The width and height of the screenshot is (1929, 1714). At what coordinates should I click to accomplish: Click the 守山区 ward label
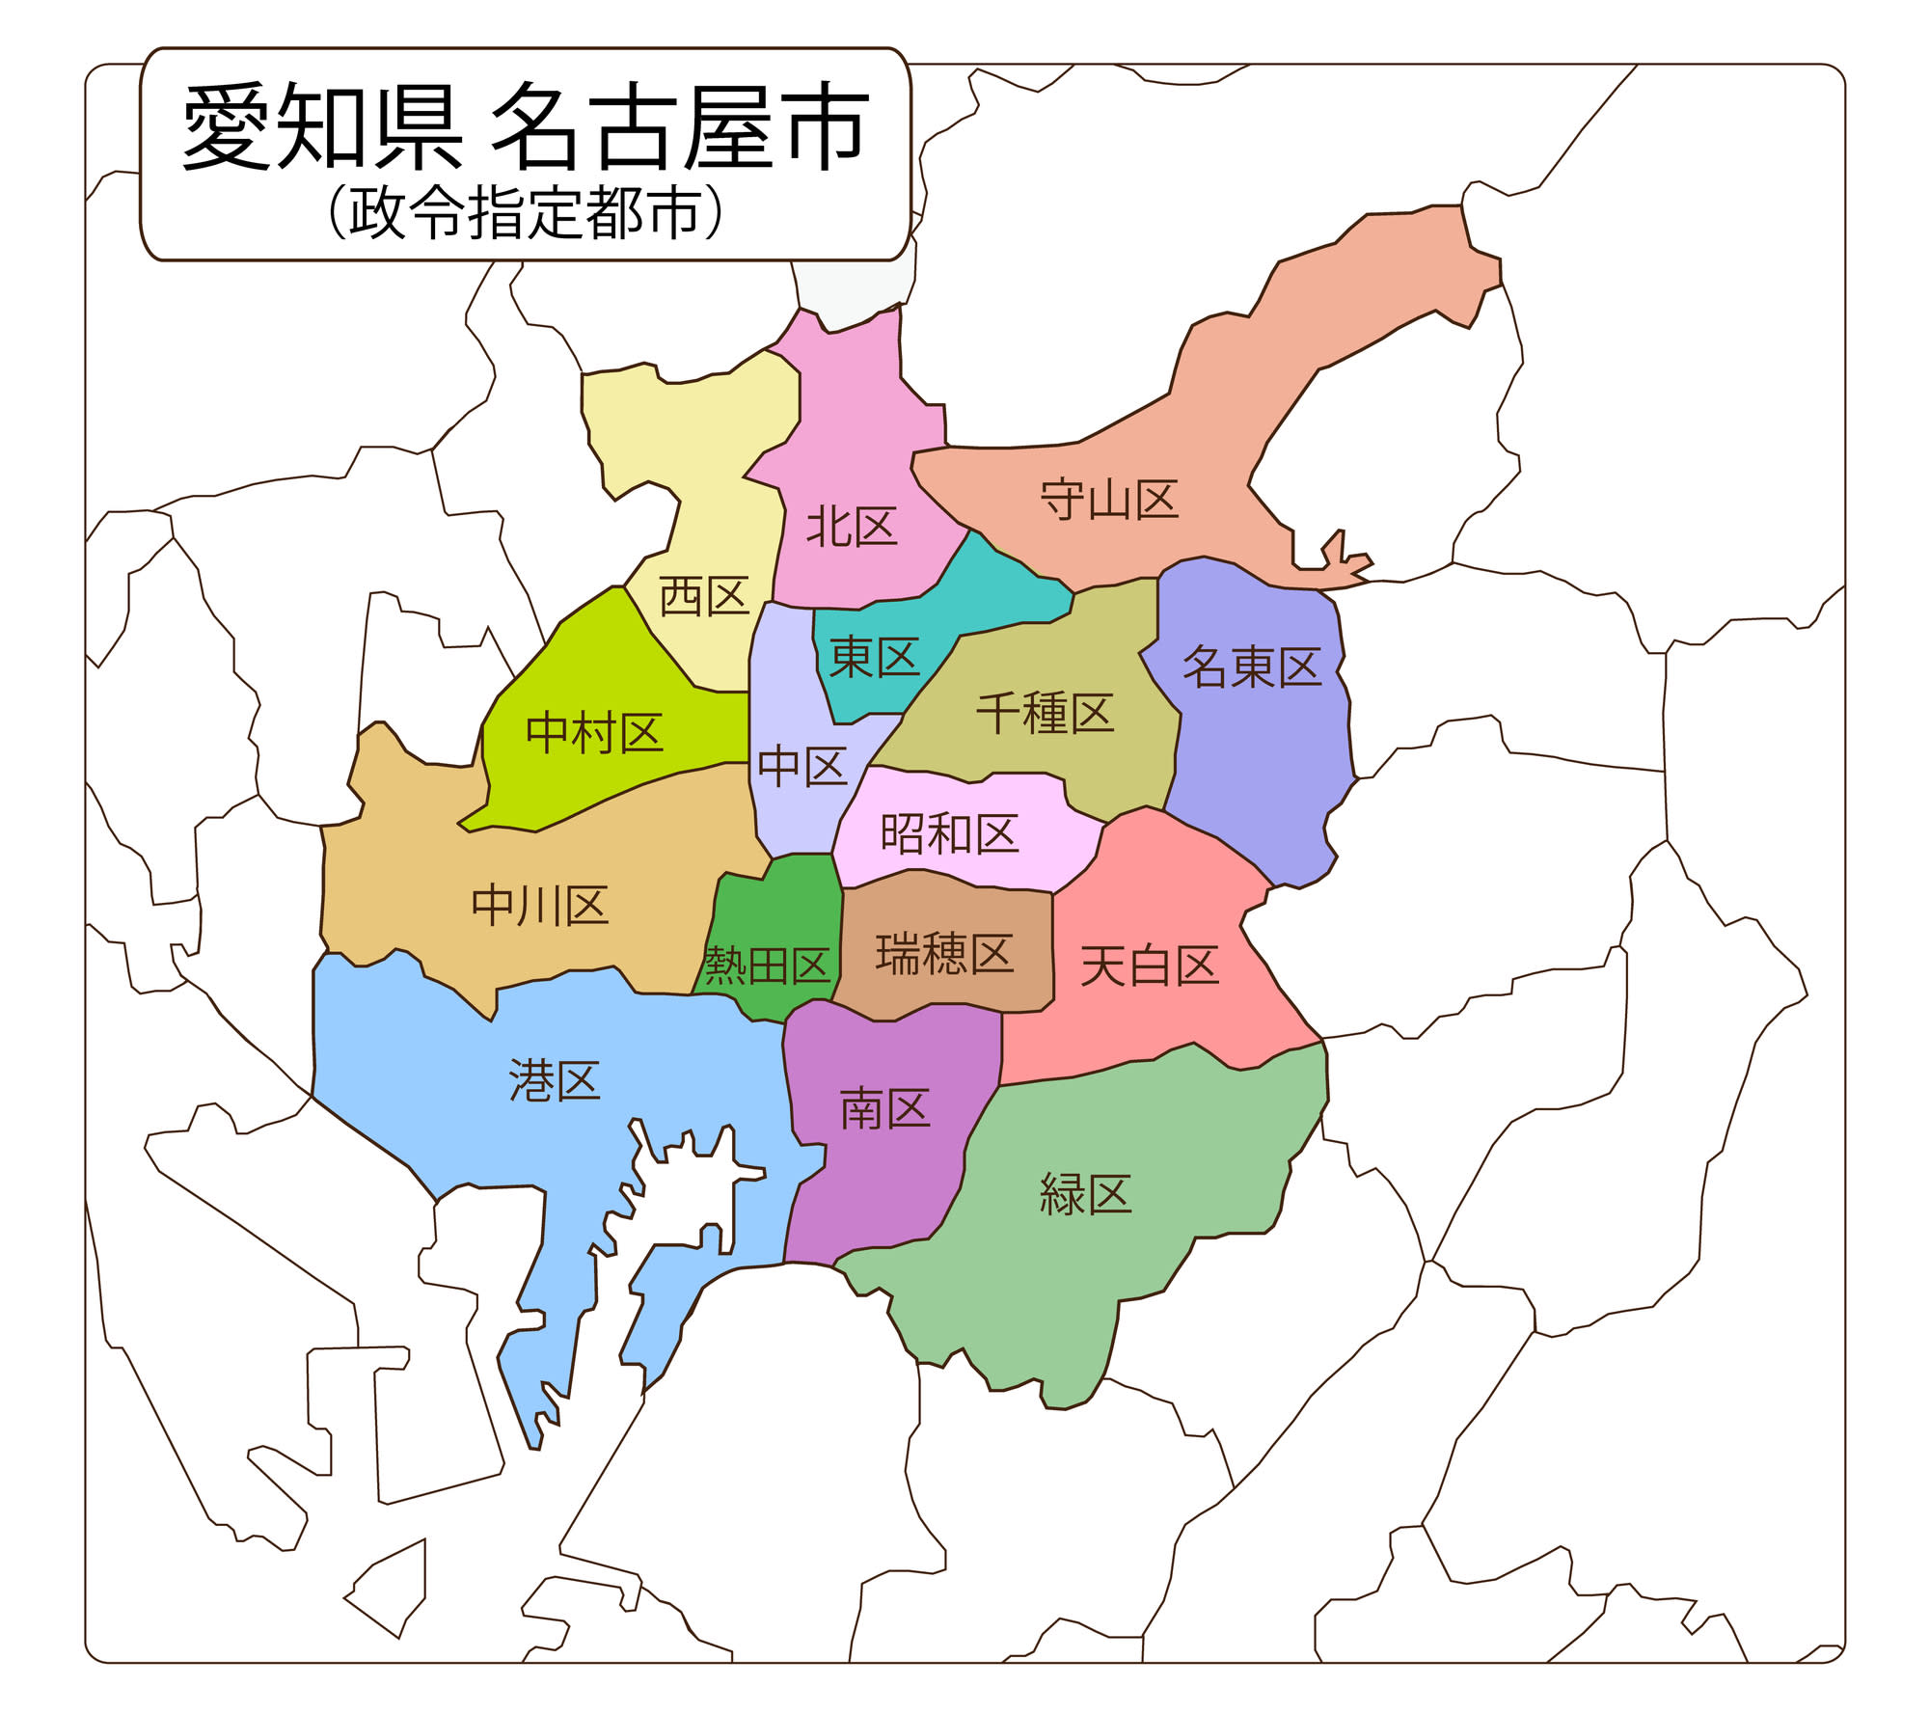point(1109,500)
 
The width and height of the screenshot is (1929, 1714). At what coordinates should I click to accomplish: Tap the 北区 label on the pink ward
point(852,527)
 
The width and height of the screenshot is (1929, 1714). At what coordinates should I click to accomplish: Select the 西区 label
point(704,596)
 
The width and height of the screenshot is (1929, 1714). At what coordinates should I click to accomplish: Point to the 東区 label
point(874,658)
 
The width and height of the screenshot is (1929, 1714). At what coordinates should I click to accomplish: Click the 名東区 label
point(1251,667)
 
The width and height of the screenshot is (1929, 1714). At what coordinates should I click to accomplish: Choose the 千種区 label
point(1045,714)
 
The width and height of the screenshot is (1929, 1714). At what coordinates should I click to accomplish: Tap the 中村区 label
point(594,733)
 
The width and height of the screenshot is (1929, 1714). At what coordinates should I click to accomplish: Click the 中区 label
point(801,767)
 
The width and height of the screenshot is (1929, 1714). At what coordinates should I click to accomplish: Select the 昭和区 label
point(949,833)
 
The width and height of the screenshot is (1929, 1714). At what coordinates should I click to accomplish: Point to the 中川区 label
point(539,906)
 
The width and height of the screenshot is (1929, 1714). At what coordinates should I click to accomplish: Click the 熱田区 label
point(768,965)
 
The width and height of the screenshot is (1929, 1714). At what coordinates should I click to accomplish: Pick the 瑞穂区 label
point(944,954)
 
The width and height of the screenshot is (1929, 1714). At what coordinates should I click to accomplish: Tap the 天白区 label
point(1150,966)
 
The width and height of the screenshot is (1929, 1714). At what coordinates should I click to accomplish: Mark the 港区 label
point(555,1080)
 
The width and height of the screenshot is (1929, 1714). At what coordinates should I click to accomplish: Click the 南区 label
point(884,1109)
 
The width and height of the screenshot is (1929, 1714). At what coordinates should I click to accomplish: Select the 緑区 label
point(1085,1194)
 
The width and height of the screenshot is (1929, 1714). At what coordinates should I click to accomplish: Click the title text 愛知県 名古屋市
point(526,127)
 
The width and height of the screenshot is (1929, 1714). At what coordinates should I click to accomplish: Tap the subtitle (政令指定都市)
point(526,213)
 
